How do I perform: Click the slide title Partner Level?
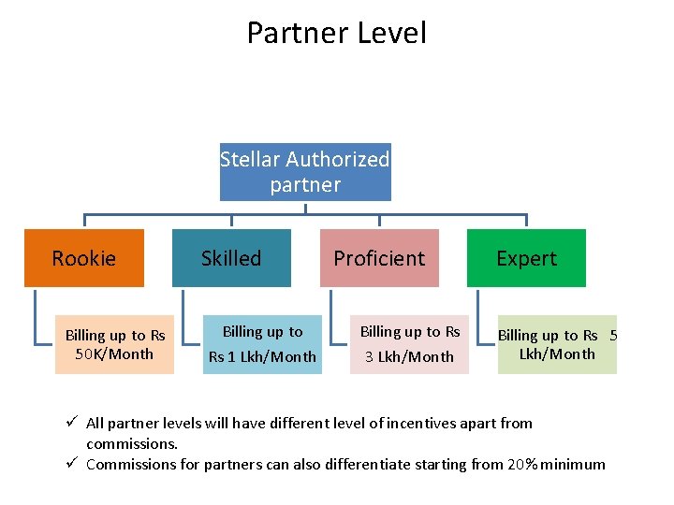point(336,33)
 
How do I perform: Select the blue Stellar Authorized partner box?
point(305,171)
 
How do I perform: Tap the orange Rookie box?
point(84,258)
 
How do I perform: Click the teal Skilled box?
point(231,258)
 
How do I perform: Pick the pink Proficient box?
point(379,258)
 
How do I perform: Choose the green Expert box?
point(526,258)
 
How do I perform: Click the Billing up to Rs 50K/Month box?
point(114,345)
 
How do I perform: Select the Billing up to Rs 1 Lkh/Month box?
point(262,345)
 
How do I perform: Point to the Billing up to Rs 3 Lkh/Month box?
point(410,345)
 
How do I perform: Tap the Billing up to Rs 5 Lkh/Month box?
point(557,345)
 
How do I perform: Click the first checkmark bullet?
point(73,423)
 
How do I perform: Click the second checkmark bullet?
point(73,464)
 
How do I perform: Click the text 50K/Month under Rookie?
point(114,354)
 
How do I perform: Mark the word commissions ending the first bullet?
point(131,443)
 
